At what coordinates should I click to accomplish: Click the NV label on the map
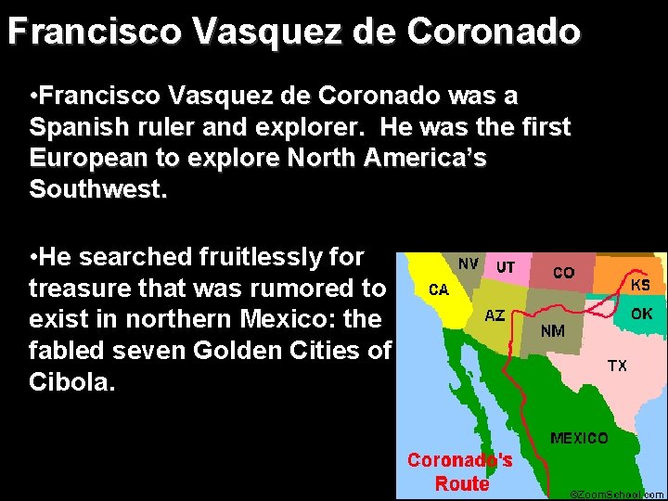click(x=469, y=263)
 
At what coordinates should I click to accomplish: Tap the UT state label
click(x=506, y=266)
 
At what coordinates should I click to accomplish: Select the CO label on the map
click(x=563, y=273)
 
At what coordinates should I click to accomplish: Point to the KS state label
click(x=640, y=284)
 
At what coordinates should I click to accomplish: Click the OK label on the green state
click(x=641, y=314)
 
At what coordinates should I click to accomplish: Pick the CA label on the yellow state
click(x=438, y=289)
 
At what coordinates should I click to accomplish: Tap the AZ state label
click(x=495, y=315)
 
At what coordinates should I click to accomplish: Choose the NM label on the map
click(x=553, y=329)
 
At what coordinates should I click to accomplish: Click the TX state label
click(x=617, y=366)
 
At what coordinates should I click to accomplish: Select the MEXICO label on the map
click(x=579, y=437)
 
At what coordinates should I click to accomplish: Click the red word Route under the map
click(x=461, y=483)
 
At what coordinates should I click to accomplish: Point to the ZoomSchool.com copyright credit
click(x=617, y=495)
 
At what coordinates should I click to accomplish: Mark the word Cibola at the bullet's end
click(x=70, y=382)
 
